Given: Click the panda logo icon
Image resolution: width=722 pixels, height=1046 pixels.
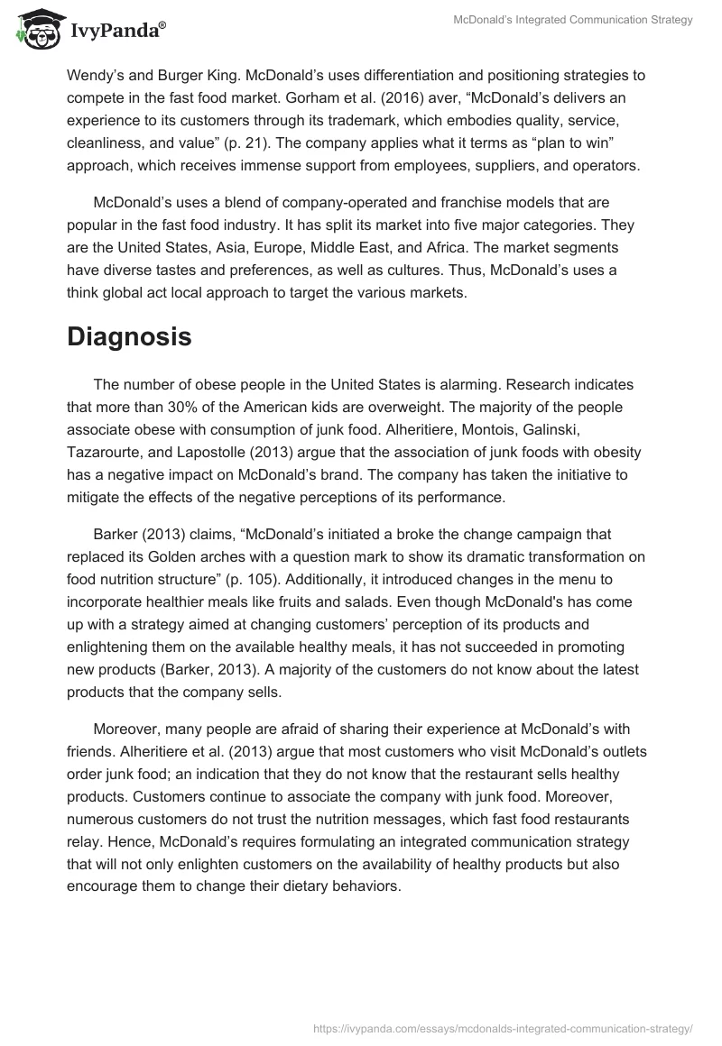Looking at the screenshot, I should pos(33,29).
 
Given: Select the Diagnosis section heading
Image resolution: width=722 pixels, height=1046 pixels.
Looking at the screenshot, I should pos(129,336).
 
